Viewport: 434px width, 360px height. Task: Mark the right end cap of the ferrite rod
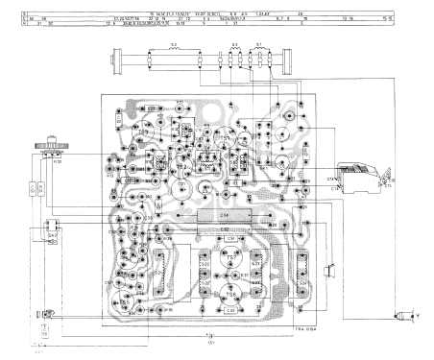click(x=285, y=64)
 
